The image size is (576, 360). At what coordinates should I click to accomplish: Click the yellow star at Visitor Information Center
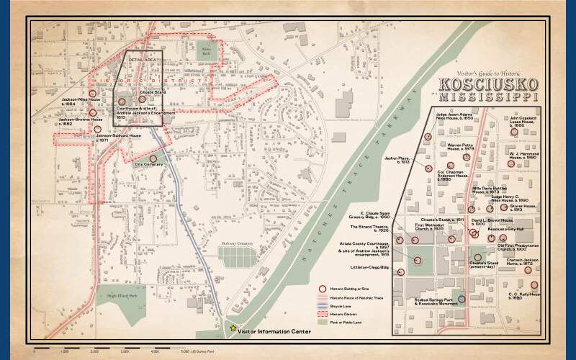tap(233, 328)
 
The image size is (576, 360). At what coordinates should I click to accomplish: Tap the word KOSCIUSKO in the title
tap(489, 83)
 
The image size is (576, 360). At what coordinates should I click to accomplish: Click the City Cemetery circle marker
tap(153, 158)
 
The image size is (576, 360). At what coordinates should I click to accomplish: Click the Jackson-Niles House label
tap(81, 101)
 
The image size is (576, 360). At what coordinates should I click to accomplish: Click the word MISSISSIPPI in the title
tap(489, 96)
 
